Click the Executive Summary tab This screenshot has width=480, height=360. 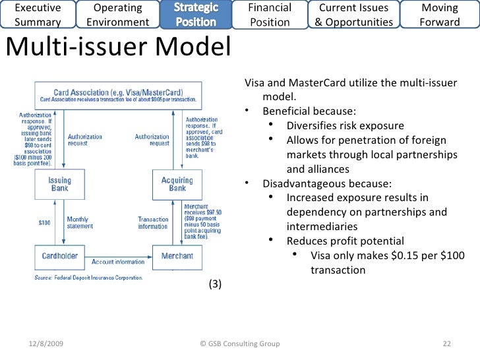(x=37, y=15)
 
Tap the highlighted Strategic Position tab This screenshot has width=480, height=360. (x=196, y=15)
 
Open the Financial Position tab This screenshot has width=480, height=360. (x=270, y=15)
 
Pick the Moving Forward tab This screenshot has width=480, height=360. (x=440, y=15)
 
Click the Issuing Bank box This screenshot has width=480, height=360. (x=59, y=185)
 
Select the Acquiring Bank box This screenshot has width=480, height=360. (x=177, y=185)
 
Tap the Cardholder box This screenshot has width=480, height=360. (x=59, y=256)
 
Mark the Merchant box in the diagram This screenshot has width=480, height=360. (x=177, y=256)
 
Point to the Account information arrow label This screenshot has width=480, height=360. (x=118, y=262)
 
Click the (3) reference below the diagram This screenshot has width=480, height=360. (x=215, y=284)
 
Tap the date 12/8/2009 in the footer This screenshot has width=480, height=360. (x=47, y=344)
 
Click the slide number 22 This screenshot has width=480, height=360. (x=446, y=344)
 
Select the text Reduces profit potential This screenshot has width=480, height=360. (x=345, y=241)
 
